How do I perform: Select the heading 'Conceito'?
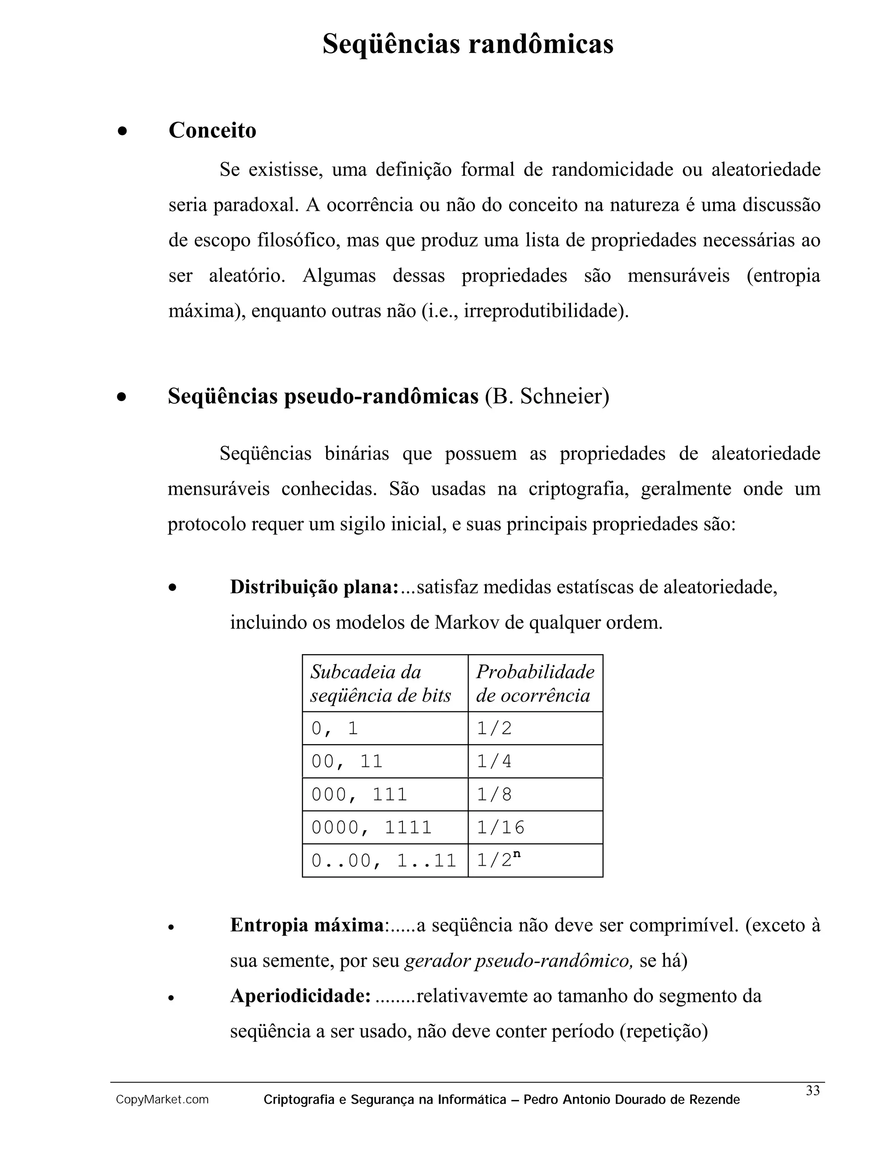tap(212, 130)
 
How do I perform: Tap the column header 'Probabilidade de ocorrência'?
tap(535, 683)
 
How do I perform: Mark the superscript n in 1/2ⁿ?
tap(517, 854)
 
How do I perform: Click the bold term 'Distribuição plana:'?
tap(314, 587)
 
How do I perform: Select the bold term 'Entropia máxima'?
tap(307, 925)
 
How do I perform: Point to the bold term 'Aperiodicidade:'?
tap(300, 996)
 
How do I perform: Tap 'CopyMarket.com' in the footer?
tap(162, 1100)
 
